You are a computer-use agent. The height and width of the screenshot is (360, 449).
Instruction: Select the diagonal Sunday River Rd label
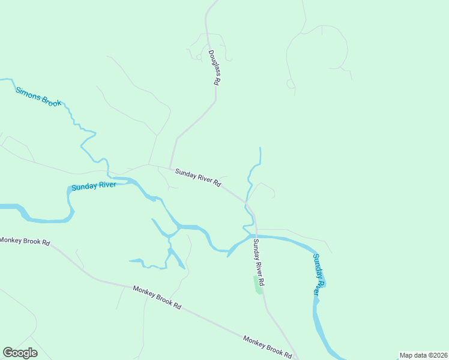pyautogui.click(x=198, y=179)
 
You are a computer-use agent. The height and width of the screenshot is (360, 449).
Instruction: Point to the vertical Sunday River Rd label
pyautogui.click(x=259, y=262)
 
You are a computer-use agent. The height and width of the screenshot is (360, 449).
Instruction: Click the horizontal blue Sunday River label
pyautogui.click(x=94, y=187)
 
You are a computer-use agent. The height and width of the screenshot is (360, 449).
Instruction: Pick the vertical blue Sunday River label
pyautogui.click(x=319, y=274)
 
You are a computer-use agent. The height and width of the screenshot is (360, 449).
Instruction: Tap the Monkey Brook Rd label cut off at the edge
pyautogui.click(x=25, y=241)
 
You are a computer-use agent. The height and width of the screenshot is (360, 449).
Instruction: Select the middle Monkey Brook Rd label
pyautogui.click(x=157, y=296)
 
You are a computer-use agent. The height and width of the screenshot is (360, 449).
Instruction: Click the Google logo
pyautogui.click(x=20, y=353)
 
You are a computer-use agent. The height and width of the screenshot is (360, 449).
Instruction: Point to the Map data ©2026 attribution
pyautogui.click(x=423, y=355)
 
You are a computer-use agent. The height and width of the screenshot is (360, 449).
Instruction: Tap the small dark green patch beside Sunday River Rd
pyautogui.click(x=259, y=287)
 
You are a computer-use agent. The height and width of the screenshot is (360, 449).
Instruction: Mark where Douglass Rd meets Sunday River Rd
pyautogui.click(x=171, y=168)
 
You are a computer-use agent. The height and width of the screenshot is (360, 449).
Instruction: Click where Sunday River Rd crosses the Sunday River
pyautogui.click(x=256, y=236)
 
